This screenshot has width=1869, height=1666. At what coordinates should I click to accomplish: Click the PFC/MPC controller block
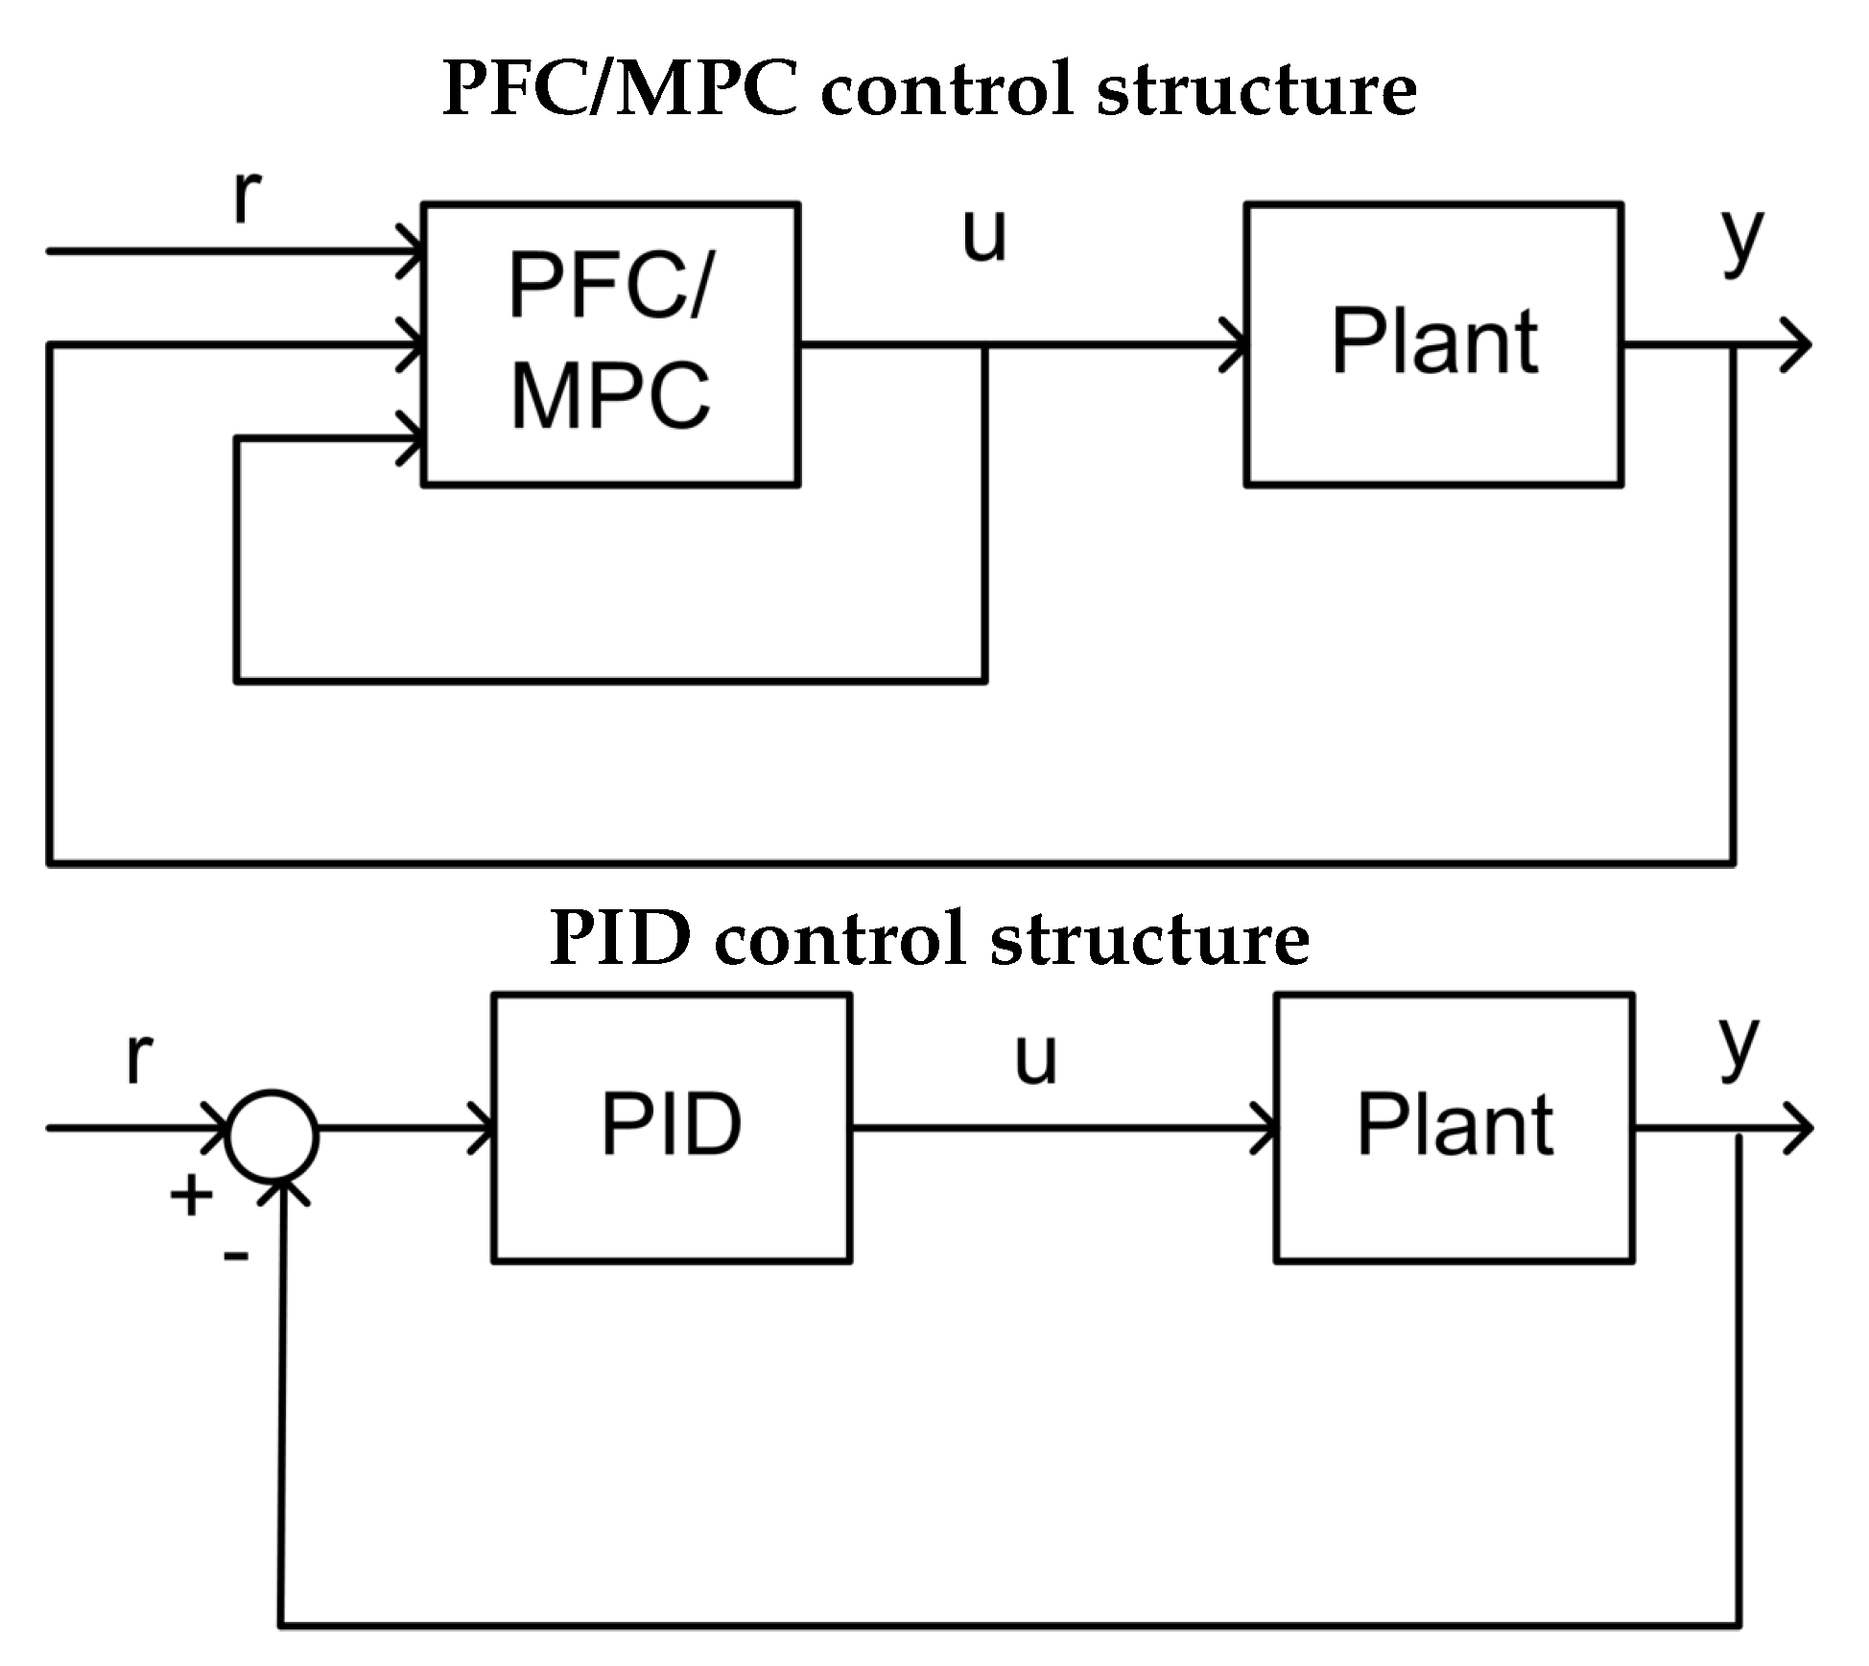click(x=610, y=343)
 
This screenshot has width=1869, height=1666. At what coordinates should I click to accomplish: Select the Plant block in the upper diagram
click(x=1433, y=343)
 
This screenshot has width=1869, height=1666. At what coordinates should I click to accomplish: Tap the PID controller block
click(x=671, y=1128)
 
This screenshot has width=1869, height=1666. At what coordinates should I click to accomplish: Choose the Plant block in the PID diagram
click(x=1454, y=1128)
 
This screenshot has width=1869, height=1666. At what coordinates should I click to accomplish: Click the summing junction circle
click(x=272, y=1136)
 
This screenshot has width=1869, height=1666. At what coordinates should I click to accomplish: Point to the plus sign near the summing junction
click(x=191, y=1195)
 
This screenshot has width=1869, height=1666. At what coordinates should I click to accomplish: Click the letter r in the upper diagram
click(x=246, y=198)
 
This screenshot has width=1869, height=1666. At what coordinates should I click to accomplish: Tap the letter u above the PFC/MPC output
click(x=983, y=235)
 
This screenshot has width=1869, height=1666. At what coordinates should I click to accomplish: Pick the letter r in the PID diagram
click(x=139, y=1058)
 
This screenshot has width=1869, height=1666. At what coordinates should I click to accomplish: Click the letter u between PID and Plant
click(x=1035, y=1058)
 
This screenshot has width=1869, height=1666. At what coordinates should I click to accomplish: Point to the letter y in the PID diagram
click(x=1738, y=1045)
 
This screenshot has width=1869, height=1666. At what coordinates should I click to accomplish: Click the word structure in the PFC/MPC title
click(x=1257, y=90)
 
